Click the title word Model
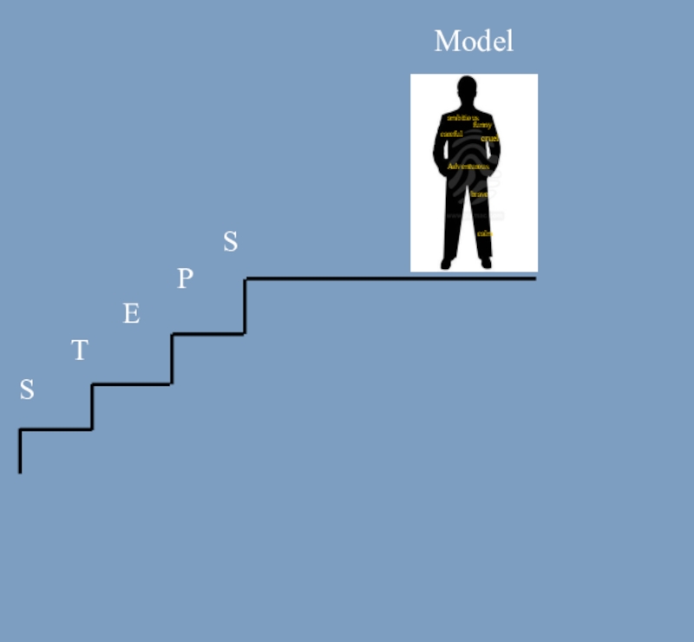pos(474,42)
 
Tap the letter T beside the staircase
pos(79,351)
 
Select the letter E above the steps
pos(131,314)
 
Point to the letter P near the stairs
pos(185,279)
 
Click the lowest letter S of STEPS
pos(27,390)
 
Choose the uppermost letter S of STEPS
pos(230,242)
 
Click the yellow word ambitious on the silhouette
pos(462,117)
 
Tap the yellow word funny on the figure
pos(482,126)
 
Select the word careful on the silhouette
pos(451,134)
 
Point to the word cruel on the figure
pos(489,139)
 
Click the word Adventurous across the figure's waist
pos(468,166)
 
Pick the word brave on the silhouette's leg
pos(480,194)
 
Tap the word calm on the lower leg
pos(484,233)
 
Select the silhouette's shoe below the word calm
pos(486,263)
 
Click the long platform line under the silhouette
pos(390,278)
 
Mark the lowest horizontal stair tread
pos(56,429)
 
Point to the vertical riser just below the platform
pos(246,305)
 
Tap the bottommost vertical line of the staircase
pos(20,451)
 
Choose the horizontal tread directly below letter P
pos(208,333)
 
